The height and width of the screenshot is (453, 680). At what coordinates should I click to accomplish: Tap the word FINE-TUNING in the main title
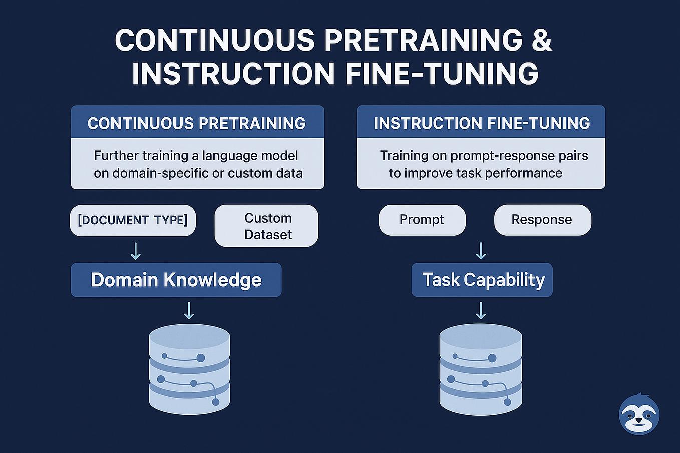[x=442, y=74]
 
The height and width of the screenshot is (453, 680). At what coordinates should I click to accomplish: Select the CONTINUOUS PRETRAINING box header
[x=197, y=123]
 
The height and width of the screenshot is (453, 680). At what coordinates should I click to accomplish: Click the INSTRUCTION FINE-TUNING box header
[x=481, y=123]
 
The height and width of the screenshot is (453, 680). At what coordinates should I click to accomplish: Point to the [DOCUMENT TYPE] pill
[x=133, y=220]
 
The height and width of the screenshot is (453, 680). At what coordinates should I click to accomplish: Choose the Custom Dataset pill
[x=266, y=226]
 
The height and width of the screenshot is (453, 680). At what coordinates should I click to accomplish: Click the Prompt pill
[x=422, y=220]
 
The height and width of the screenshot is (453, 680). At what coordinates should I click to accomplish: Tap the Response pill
[x=542, y=220]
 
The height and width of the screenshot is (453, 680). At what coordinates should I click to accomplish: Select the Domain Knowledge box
[x=176, y=280]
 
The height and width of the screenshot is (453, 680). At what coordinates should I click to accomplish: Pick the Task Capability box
[x=482, y=280]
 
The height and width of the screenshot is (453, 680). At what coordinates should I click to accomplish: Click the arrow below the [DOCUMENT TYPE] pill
[x=135, y=251]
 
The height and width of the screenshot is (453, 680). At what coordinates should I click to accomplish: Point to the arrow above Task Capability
[x=481, y=251]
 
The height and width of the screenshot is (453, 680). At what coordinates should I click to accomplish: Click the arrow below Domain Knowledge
[x=189, y=310]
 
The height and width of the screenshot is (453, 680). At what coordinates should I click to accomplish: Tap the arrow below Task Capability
[x=481, y=310]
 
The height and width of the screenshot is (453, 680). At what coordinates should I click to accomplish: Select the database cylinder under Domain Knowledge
[x=189, y=369]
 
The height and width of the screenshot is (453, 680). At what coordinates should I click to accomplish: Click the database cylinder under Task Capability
[x=481, y=369]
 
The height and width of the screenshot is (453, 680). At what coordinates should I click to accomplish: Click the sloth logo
[x=639, y=414]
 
